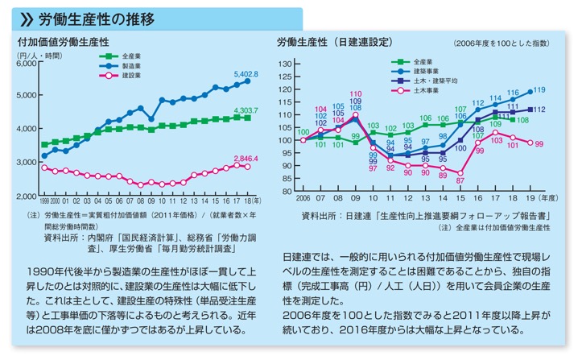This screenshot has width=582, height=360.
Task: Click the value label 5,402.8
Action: click(x=246, y=74)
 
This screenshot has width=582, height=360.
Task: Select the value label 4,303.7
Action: click(x=246, y=110)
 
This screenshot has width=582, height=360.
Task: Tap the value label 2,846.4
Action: click(x=246, y=159)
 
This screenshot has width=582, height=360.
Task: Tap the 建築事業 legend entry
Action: click(x=423, y=71)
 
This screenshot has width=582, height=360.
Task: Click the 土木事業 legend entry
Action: click(x=423, y=90)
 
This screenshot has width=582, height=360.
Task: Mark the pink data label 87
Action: click(x=460, y=181)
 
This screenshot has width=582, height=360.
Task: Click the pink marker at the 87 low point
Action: click(x=460, y=172)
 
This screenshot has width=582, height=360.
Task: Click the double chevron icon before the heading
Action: click(x=25, y=16)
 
